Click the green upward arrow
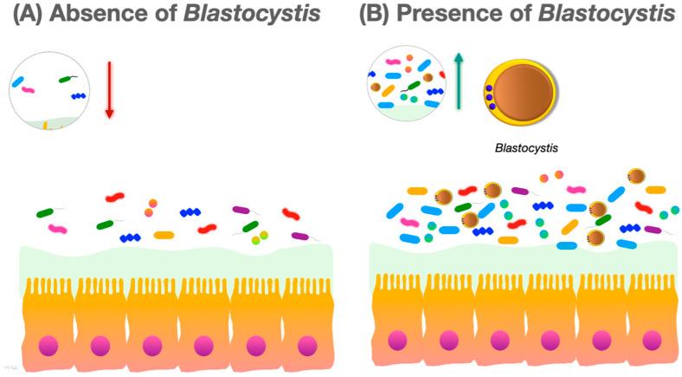click(460, 83)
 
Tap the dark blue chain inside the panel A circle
click(79, 96)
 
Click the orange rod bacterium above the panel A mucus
click(164, 234)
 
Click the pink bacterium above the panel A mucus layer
click(57, 229)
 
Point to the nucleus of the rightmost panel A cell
click(307, 345)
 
